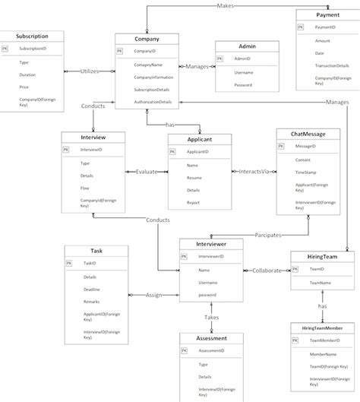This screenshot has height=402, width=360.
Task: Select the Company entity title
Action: [x=147, y=39]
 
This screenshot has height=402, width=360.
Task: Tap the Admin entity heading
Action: [x=248, y=46]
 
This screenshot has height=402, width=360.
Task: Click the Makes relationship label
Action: [x=226, y=5]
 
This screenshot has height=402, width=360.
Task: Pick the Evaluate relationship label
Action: [x=147, y=172]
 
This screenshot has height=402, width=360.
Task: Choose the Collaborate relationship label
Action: [x=271, y=270]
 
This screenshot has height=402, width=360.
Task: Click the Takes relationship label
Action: [x=211, y=317]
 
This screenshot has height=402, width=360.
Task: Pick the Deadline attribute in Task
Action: [x=91, y=290]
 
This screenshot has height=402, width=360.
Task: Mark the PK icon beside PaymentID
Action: [x=300, y=27]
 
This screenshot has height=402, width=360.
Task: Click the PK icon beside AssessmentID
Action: [x=183, y=351]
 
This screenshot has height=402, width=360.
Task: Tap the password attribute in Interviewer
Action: [x=209, y=295]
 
